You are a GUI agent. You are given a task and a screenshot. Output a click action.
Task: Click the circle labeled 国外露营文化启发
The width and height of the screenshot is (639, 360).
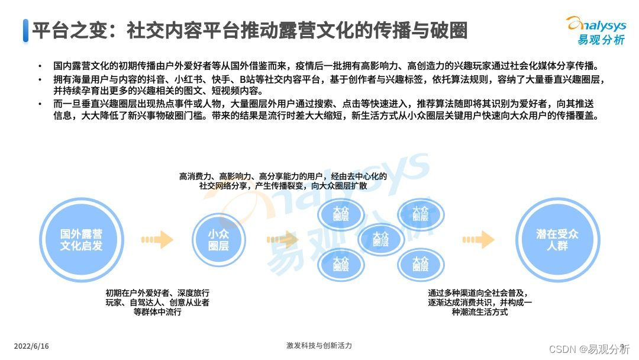tap(81, 239)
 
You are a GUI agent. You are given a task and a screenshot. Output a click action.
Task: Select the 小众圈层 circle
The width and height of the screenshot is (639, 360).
tap(218, 239)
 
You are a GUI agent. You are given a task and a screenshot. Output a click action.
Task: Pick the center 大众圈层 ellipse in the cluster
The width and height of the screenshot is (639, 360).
tap(381, 239)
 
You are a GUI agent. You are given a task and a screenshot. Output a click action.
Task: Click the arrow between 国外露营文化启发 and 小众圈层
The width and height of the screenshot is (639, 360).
tap(157, 239)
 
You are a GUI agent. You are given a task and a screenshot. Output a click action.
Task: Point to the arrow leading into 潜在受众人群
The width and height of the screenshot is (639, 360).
tap(478, 239)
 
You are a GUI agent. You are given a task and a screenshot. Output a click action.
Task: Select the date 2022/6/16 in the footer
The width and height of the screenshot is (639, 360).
tap(31, 346)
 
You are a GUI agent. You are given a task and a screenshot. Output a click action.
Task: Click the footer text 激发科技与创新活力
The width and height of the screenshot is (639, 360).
tap(319, 346)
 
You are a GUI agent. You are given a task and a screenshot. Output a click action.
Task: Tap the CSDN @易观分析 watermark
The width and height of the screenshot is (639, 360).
tap(589, 349)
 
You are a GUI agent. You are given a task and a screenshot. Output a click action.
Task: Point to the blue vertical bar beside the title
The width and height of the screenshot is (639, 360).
tap(25, 30)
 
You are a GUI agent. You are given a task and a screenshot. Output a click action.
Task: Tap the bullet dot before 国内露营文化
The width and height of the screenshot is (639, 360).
tap(40, 66)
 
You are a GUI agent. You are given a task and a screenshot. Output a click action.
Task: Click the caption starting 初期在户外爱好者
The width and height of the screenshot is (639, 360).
tap(157, 303)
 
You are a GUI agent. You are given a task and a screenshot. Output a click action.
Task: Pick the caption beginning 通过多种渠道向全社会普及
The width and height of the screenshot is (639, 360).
tap(480, 302)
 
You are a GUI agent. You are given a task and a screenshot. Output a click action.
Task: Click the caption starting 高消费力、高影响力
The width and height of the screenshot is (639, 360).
tap(283, 181)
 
